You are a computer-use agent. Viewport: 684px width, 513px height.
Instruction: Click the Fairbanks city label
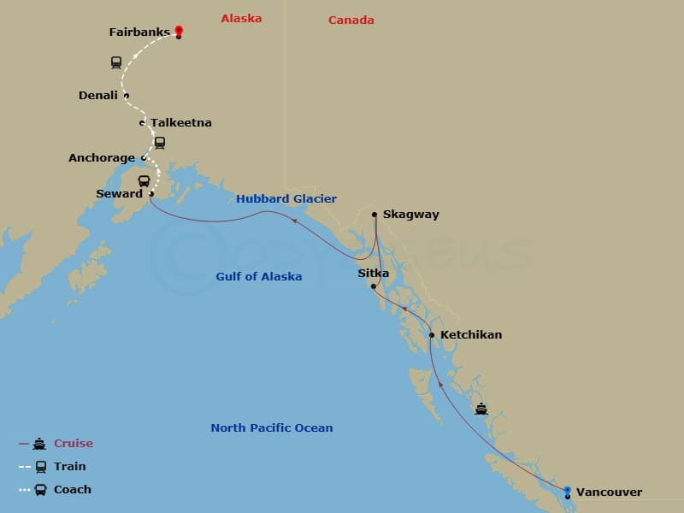tap(139, 32)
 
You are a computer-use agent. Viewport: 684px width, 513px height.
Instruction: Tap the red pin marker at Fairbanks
tap(179, 31)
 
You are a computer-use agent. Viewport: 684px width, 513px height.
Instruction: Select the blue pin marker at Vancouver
tap(568, 491)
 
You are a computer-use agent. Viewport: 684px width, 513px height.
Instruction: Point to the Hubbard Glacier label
tap(286, 199)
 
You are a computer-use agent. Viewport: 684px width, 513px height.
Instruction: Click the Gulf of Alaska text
tap(258, 276)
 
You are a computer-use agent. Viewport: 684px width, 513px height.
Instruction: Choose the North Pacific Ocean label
tap(272, 427)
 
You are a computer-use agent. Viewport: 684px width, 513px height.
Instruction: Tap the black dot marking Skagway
tap(374, 215)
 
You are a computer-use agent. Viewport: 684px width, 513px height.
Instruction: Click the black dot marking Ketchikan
tap(432, 335)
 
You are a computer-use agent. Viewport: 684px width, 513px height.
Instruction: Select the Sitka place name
tap(373, 274)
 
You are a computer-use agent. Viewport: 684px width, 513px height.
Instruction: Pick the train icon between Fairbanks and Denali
tap(115, 62)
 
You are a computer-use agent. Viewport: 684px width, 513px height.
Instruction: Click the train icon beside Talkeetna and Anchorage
tap(159, 143)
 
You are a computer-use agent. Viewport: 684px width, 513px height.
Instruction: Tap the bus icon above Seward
tap(144, 180)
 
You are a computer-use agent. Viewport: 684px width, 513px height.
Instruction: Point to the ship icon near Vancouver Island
tap(481, 409)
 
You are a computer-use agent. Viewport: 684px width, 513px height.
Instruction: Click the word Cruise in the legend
tap(73, 444)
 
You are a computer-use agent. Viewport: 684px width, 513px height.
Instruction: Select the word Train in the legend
tap(70, 467)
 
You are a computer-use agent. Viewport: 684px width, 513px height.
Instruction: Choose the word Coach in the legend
tap(72, 490)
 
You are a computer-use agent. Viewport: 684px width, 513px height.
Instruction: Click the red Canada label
tap(351, 20)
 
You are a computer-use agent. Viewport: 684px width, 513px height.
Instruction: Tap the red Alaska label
tap(241, 18)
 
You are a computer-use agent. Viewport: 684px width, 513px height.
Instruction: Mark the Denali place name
tap(98, 96)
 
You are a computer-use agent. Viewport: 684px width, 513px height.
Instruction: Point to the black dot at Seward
tap(151, 194)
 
